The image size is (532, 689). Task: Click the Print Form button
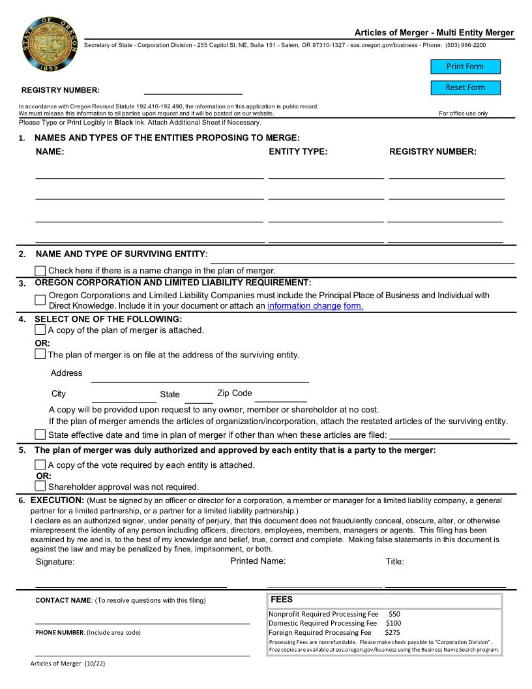[x=465, y=67]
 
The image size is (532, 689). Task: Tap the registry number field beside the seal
[x=192, y=89]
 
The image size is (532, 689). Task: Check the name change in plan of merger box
[x=40, y=271]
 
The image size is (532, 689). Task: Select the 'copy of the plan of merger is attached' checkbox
[x=40, y=330]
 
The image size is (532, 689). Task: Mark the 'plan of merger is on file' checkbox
[x=40, y=354]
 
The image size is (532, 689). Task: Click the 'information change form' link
[x=315, y=306]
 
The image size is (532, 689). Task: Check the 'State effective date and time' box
[x=40, y=435]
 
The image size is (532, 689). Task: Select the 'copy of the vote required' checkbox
[x=40, y=465]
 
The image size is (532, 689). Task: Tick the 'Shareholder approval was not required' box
[x=40, y=486]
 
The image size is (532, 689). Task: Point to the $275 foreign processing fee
[x=392, y=632]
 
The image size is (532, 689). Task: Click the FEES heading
[x=282, y=599]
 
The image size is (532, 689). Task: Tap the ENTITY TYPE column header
[x=298, y=152]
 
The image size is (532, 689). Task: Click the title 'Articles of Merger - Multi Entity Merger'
[x=434, y=33]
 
